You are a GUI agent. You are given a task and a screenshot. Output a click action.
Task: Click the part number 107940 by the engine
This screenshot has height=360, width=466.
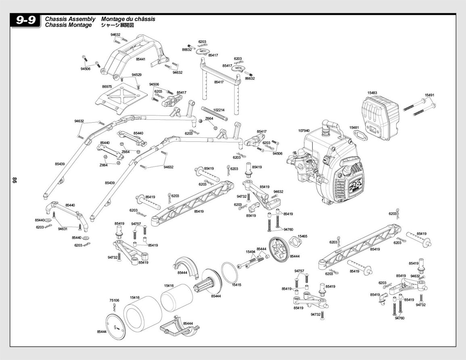click(x=304, y=131)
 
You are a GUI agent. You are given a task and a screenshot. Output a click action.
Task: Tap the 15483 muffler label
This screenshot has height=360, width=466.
click(x=372, y=93)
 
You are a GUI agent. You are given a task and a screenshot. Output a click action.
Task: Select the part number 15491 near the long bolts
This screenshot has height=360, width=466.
click(x=429, y=96)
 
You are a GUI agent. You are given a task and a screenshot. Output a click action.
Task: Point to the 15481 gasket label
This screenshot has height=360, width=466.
click(x=354, y=128)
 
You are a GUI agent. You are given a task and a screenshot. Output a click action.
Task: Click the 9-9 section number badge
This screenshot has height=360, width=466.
click(x=25, y=21)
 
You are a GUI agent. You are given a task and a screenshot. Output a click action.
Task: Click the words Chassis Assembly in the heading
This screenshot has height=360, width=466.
click(x=70, y=19)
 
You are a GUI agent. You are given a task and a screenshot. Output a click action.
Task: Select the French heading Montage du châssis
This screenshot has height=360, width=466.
click(x=128, y=19)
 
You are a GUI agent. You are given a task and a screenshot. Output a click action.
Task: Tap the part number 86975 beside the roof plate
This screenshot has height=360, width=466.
click(x=107, y=87)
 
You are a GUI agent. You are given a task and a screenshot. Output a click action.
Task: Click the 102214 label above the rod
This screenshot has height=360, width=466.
click(x=219, y=110)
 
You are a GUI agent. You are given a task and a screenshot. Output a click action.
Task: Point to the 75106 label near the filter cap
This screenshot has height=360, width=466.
click(x=114, y=301)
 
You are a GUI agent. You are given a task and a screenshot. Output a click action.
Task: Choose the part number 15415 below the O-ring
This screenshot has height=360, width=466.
click(x=236, y=285)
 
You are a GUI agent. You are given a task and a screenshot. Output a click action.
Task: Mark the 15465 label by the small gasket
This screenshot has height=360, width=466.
click(x=303, y=236)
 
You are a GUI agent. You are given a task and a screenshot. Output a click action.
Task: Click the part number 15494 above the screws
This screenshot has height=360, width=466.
click(x=251, y=252)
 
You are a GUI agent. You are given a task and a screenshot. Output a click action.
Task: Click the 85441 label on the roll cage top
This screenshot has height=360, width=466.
click(x=141, y=59)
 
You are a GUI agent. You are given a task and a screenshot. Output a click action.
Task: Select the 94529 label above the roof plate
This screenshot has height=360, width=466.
click(x=137, y=75)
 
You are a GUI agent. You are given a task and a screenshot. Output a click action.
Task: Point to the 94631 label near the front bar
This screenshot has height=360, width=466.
click(x=63, y=229)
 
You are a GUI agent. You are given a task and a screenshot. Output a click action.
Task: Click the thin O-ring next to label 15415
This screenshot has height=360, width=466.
click(x=230, y=273)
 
